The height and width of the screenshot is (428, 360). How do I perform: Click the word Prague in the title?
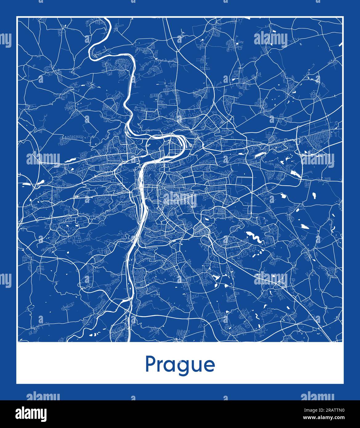(180, 365)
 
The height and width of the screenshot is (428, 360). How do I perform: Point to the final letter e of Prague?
(209, 365)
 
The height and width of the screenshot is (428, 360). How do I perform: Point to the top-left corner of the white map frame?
(17, 17)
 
